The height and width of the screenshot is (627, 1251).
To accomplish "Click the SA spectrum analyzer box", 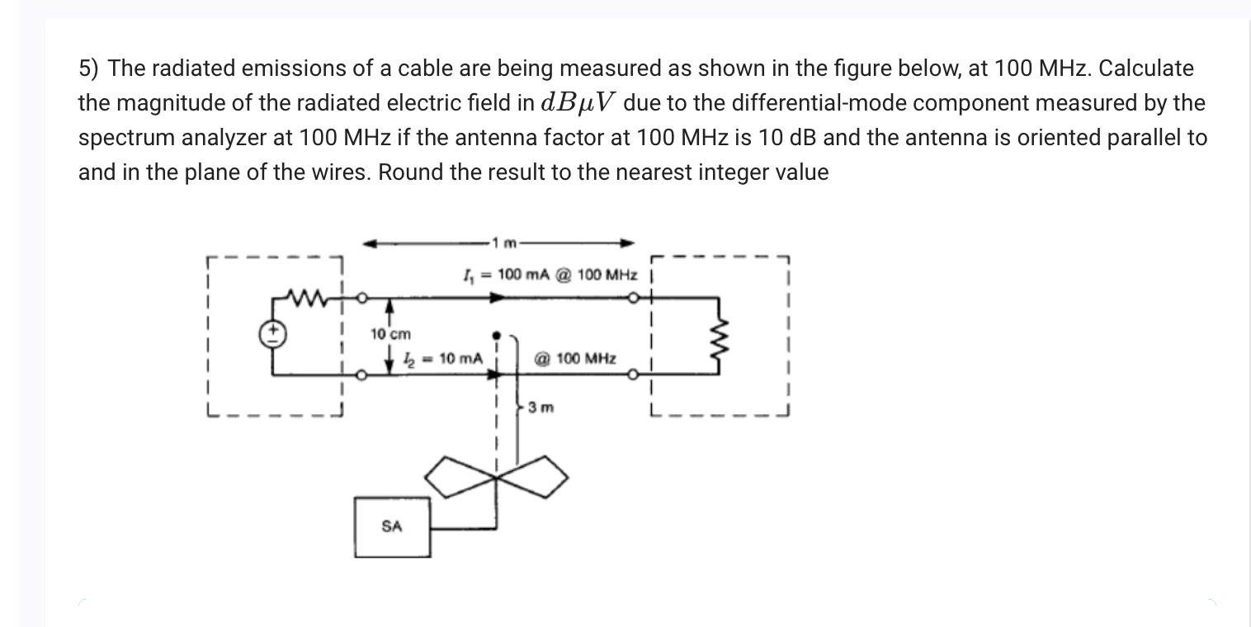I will [392, 526].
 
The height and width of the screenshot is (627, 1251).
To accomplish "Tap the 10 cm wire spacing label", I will [390, 334].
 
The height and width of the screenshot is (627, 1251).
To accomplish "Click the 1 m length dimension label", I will [503, 243].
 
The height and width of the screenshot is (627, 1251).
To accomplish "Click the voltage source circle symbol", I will [274, 334].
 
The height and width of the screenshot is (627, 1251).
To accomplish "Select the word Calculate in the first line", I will [1145, 68].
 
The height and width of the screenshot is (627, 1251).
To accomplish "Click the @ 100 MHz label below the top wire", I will [575, 358].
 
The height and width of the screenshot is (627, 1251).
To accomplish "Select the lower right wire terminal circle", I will [632, 375].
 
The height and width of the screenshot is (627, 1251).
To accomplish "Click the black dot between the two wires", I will [497, 336].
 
